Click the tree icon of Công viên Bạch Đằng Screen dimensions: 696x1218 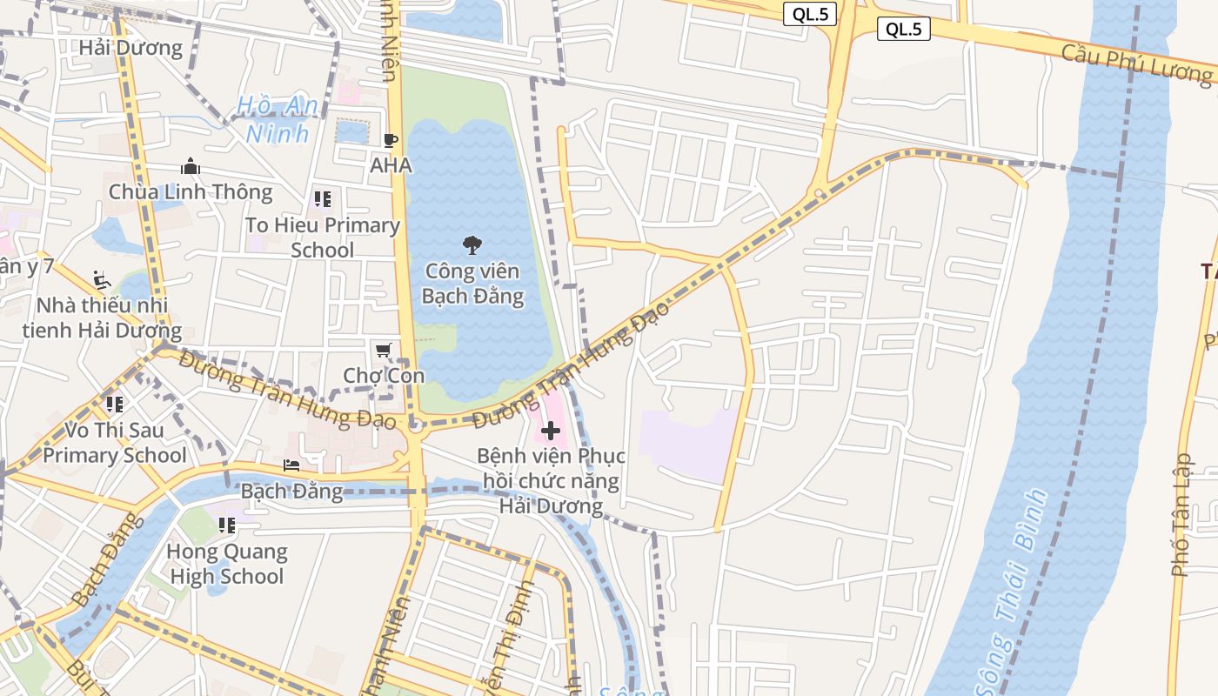(x=472, y=245)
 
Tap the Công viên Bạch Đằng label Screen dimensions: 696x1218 (x=472, y=284)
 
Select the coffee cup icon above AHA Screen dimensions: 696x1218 (x=391, y=140)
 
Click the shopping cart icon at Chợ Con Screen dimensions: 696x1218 (x=384, y=350)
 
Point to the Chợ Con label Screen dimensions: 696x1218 (x=384, y=376)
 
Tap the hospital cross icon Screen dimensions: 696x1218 (x=550, y=430)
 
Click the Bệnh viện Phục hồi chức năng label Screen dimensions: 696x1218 (x=551, y=480)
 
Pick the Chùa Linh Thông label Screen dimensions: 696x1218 (x=191, y=191)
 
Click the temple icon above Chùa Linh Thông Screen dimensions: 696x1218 (x=191, y=166)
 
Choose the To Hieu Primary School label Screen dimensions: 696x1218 (x=323, y=238)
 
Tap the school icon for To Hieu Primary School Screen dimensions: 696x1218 (x=323, y=199)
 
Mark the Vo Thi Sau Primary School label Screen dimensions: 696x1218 (x=114, y=442)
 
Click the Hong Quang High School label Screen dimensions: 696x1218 (x=226, y=563)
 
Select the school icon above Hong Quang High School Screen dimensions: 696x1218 (x=226, y=525)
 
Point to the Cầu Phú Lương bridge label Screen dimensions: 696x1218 (x=1136, y=63)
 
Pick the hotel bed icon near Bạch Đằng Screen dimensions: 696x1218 (x=291, y=465)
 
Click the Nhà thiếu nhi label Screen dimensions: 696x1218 (x=102, y=318)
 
